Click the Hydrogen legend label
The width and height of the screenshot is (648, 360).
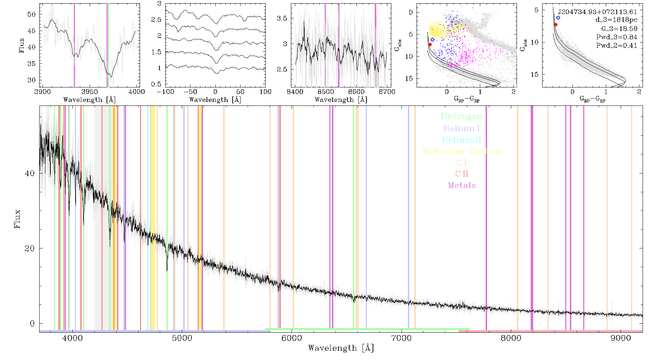[x=462, y=117]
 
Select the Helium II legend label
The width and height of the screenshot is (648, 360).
[x=462, y=140]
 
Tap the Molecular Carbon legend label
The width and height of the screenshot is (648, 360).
[x=462, y=151]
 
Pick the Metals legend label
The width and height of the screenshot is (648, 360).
[x=462, y=185]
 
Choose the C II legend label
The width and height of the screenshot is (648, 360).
[x=462, y=174]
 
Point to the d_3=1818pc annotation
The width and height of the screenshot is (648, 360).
[x=616, y=20]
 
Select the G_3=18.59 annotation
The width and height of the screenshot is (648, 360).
[x=619, y=29]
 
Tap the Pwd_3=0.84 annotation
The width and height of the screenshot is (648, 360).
[x=617, y=37]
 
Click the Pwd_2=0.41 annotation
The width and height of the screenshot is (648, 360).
[x=617, y=46]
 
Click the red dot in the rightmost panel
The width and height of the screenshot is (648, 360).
[x=556, y=25]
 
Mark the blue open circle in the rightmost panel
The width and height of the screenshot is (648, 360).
[x=558, y=18]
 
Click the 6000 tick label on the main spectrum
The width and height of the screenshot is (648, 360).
[x=292, y=338]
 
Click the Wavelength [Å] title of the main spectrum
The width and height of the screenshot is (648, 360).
[x=341, y=348]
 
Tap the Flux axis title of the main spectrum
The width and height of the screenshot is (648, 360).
[x=17, y=219]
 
